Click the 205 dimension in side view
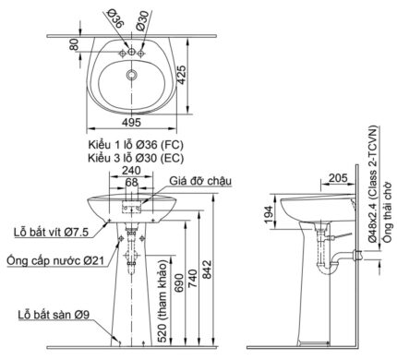coord(336,177)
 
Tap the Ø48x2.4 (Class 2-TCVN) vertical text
coord(367,186)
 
